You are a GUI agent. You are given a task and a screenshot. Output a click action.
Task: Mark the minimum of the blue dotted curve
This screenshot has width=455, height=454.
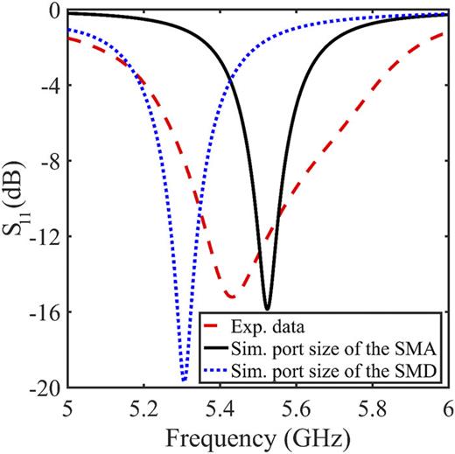click(x=184, y=381)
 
